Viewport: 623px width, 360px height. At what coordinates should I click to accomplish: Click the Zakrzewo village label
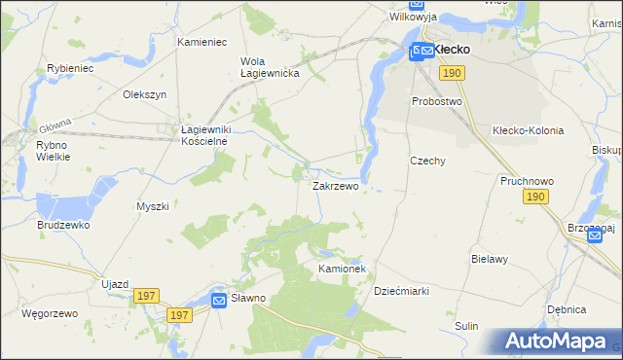tap(335, 186)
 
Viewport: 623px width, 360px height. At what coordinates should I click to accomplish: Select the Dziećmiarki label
tap(402, 291)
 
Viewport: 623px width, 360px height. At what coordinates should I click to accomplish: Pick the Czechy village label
tap(427, 162)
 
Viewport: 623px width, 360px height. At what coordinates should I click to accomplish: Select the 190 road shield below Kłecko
tap(450, 73)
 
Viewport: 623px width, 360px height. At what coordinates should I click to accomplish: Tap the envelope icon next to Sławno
tap(220, 302)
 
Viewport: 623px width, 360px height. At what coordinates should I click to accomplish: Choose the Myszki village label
tap(153, 206)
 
